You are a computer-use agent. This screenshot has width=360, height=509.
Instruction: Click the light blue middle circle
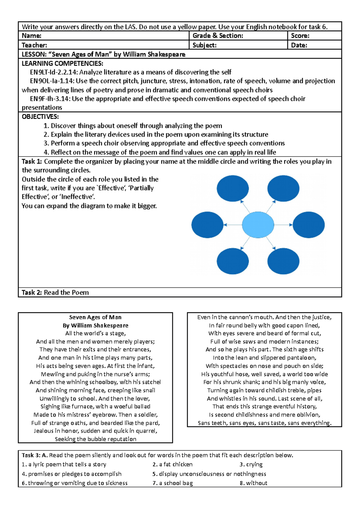pos(258,225)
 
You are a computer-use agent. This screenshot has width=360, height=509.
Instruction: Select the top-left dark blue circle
pos(232,189)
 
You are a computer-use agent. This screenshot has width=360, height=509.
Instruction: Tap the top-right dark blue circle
pos(283,189)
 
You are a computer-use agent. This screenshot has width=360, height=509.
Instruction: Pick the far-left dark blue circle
pos(207,225)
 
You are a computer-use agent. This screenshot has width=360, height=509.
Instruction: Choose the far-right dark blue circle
pos(308,225)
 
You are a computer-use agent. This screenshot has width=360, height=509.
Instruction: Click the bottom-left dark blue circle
pos(232,261)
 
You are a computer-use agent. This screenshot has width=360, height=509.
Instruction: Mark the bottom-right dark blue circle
pos(283,261)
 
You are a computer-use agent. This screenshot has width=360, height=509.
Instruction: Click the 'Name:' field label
pos(31,36)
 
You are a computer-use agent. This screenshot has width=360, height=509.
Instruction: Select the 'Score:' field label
pos(300,36)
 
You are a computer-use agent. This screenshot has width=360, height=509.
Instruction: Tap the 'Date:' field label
pos(299,45)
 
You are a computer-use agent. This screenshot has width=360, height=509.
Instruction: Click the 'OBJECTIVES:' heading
pos(40,117)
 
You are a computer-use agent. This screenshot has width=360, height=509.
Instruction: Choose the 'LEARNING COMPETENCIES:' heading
pos(62,63)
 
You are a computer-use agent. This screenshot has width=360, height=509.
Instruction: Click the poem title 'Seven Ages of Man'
pos(95,317)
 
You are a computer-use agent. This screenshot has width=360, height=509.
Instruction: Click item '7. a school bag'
pos(172,483)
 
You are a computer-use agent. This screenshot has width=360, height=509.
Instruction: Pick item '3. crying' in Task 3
pos(251,464)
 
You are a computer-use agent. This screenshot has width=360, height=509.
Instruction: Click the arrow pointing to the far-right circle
pos(283,225)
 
